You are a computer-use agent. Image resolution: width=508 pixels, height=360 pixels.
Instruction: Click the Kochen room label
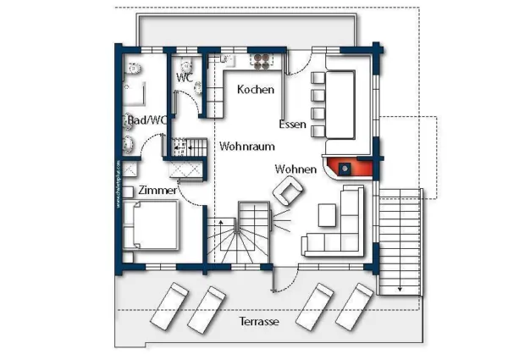pos(255,90)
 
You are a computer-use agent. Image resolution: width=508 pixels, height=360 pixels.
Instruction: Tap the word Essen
pos(292,124)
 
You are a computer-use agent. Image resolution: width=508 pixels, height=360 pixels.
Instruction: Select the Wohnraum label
pos(247,147)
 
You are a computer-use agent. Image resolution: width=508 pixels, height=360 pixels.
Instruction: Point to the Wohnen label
pos(295,169)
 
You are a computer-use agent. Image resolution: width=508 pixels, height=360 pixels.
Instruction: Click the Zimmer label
pos(157,191)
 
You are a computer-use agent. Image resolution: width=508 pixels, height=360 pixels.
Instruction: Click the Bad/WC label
pos(147,120)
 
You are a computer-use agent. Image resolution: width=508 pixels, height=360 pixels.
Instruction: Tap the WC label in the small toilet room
pos(185,77)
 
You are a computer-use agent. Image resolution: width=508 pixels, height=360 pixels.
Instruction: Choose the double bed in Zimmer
pos(152,227)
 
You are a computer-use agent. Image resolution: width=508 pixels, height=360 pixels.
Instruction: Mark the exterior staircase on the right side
pos(399,241)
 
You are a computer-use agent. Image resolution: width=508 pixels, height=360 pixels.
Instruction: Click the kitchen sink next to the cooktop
pos(227,60)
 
